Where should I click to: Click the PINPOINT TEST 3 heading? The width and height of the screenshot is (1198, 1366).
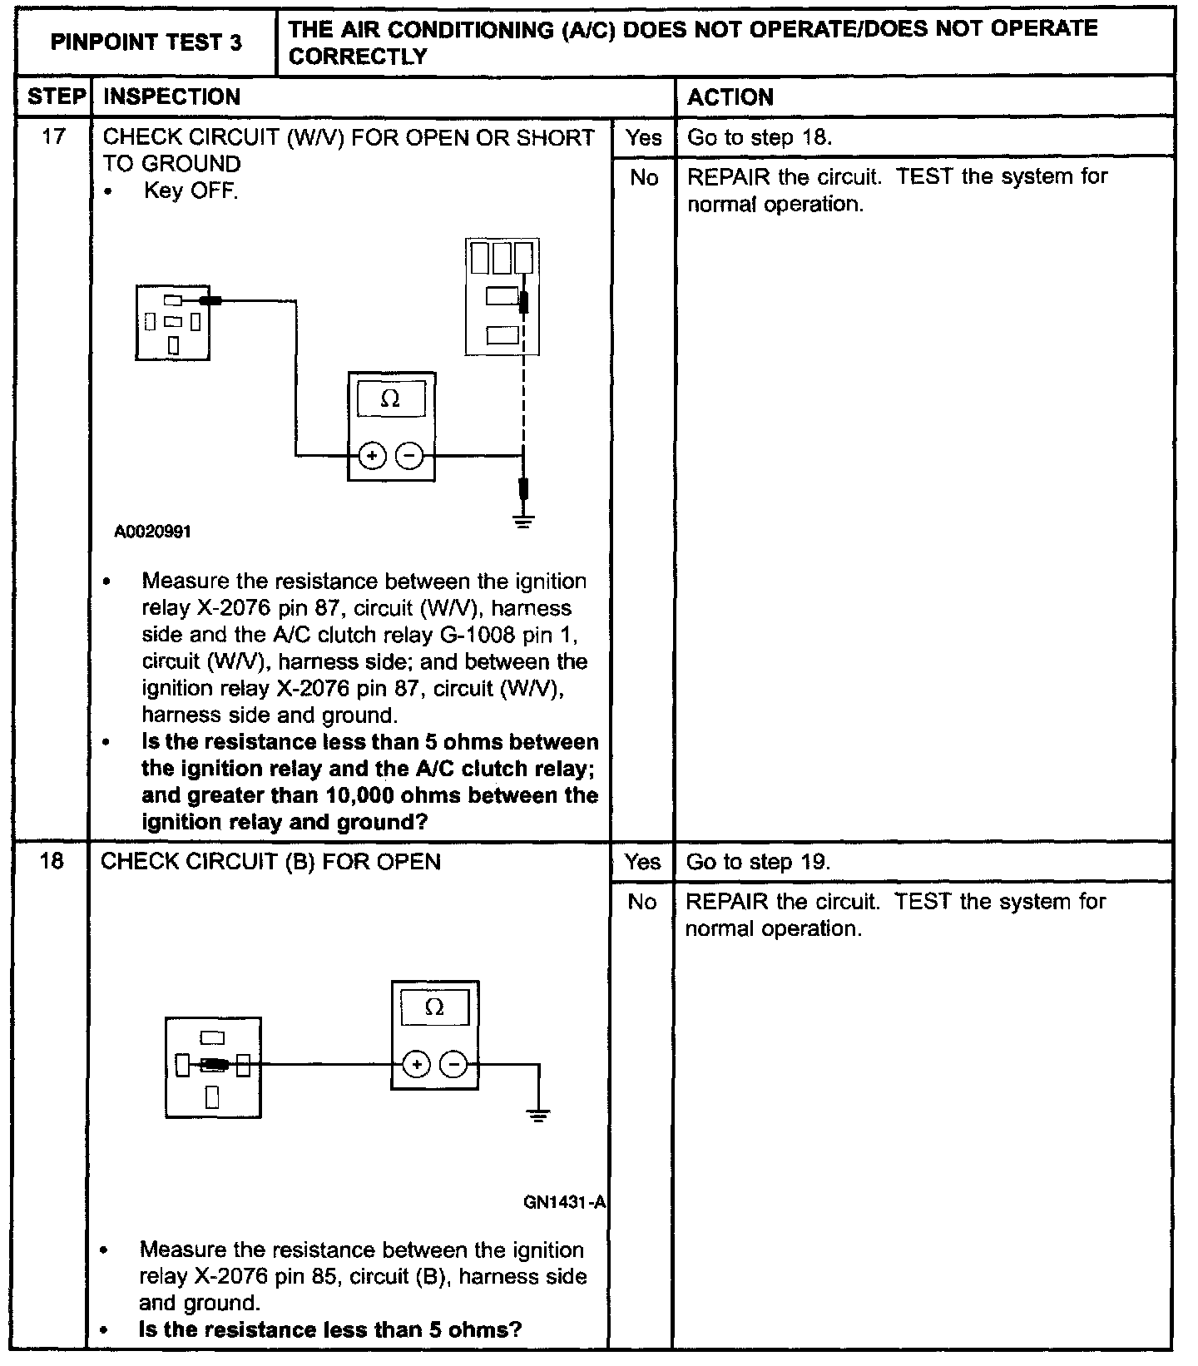coord(146,42)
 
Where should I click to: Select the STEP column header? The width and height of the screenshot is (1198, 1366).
coord(56,97)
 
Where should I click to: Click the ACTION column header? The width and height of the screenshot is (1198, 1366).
coord(730,97)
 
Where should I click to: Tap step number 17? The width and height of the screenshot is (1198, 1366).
coord(52,136)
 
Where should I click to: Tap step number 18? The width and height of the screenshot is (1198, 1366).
coord(52,861)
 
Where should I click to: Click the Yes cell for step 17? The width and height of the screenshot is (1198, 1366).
coord(643,137)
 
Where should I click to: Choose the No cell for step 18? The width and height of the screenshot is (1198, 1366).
coord(641,902)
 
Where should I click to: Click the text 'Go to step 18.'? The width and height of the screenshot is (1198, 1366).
coord(759,137)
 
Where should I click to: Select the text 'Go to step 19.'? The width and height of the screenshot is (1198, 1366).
coord(758,862)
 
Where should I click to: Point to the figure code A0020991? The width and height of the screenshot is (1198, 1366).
coord(153,532)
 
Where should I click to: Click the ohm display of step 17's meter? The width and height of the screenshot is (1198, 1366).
coord(391,400)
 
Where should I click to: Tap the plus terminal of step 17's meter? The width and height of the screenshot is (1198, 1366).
coord(372,456)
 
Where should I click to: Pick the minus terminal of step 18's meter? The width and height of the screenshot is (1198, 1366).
coord(453,1064)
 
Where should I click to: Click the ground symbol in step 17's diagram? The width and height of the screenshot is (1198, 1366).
coord(523,522)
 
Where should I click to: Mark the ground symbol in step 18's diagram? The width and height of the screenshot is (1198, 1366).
coord(539,1116)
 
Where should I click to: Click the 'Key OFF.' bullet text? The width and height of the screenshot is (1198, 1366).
coord(191,191)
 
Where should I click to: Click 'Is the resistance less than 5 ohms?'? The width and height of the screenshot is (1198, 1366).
coord(329,1329)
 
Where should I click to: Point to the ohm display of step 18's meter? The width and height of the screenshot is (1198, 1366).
coord(434,1008)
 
